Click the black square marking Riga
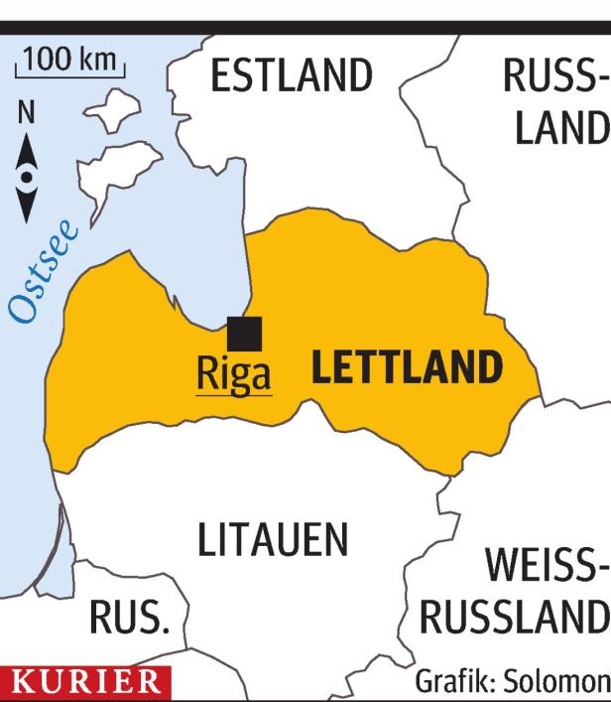tap(244, 334)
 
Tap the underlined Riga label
tap(233, 376)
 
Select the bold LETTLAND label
tap(407, 367)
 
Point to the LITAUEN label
tap(272, 541)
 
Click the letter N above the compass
tap(28, 114)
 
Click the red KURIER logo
tap(84, 683)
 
